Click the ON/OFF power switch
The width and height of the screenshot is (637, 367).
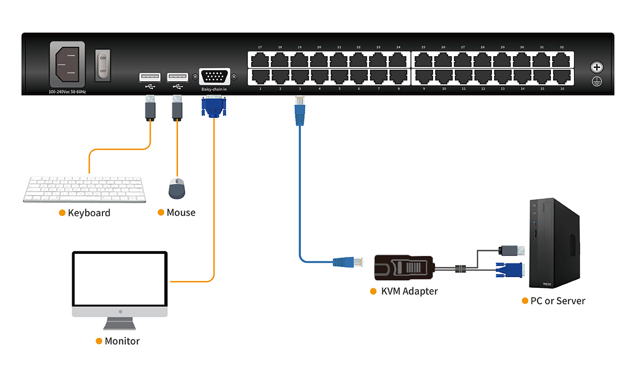coord(103,65)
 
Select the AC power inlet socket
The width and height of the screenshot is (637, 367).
coord(67,64)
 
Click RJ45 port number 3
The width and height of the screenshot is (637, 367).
coord(300,77)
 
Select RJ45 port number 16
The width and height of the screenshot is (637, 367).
coord(562,77)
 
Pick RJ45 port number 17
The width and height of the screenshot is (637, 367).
coord(260,58)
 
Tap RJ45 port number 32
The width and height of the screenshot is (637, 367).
coord(562,58)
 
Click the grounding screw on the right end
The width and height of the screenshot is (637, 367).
coord(597,67)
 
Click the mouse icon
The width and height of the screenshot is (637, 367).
coord(177,188)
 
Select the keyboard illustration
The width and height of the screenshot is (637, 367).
coord(85,189)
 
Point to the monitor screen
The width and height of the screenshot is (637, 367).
coord(119,279)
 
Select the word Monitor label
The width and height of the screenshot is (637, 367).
coord(122,341)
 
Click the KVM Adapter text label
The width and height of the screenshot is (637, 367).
coord(409,291)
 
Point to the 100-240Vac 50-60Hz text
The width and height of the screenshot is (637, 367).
coord(67,92)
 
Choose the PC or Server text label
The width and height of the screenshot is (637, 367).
coord(557,301)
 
